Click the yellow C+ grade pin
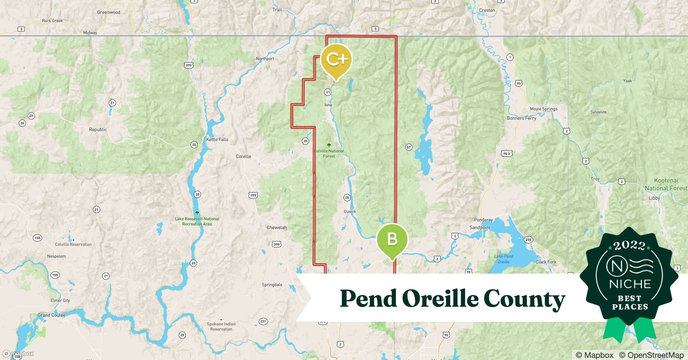pyautogui.click(x=336, y=60)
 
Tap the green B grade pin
pyautogui.click(x=392, y=239)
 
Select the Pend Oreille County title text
pyautogui.click(x=452, y=298)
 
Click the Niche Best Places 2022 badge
pyautogui.click(x=630, y=281)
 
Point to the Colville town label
pyautogui.click(x=244, y=156)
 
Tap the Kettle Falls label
pyautogui.click(x=217, y=139)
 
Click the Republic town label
pyautogui.click(x=98, y=130)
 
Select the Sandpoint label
pyautogui.click(x=480, y=228)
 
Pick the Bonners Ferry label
pyautogui.click(x=521, y=118)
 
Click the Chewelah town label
pyautogui.click(x=277, y=228)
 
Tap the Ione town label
pyautogui.click(x=328, y=105)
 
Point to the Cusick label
pyautogui.click(x=350, y=212)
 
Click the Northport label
pyautogui.click(x=265, y=59)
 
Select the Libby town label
pyautogui.click(x=654, y=198)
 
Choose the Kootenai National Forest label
pyautogui.click(x=666, y=184)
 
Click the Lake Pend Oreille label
pyautogui.click(x=504, y=259)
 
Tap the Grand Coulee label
pyautogui.click(x=52, y=315)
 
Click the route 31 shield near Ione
pyautogui.click(x=328, y=92)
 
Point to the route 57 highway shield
pyautogui.click(x=408, y=147)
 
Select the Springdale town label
pyautogui.click(x=272, y=285)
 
